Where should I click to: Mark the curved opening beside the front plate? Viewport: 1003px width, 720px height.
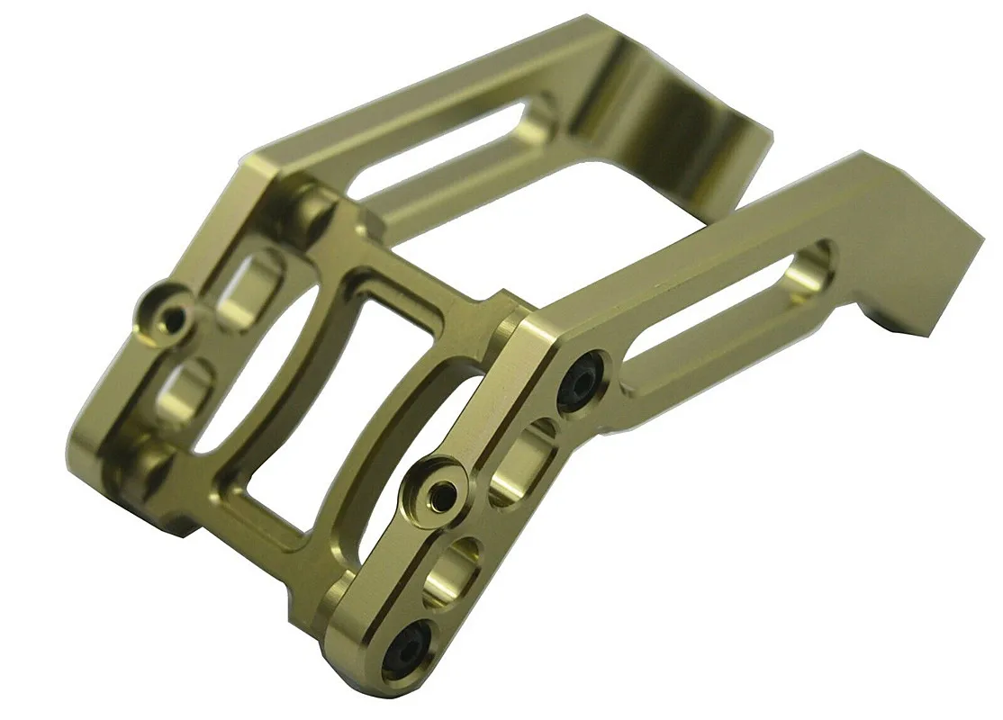click(396, 468)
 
